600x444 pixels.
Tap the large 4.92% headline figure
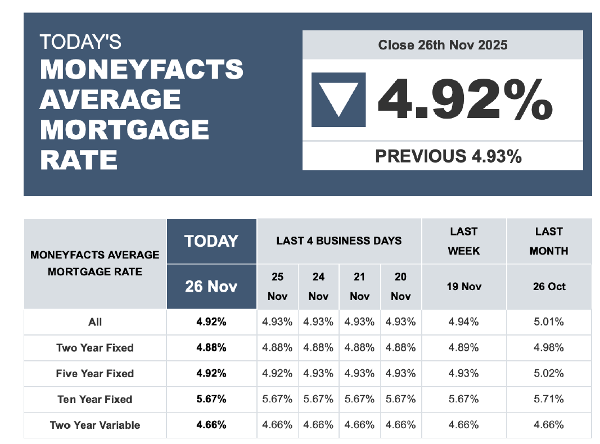pyautogui.click(x=464, y=99)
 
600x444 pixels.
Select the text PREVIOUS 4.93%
pyautogui.click(x=448, y=156)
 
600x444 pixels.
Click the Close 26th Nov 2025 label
pyautogui.click(x=443, y=45)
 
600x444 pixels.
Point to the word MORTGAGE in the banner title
pyautogui.click(x=124, y=130)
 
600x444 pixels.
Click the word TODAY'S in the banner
pyautogui.click(x=80, y=42)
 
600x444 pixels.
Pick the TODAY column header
pyautogui.click(x=211, y=241)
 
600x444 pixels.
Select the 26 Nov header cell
pyautogui.click(x=211, y=286)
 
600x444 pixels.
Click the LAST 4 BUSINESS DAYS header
pyautogui.click(x=339, y=241)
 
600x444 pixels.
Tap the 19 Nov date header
pyautogui.click(x=464, y=286)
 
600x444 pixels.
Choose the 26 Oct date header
pyautogui.click(x=549, y=286)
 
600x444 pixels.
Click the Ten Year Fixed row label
pyautogui.click(x=95, y=400)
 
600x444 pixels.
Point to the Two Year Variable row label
pyautogui.click(x=95, y=425)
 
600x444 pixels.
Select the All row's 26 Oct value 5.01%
pyautogui.click(x=549, y=322)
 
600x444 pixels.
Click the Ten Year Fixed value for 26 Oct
pyautogui.click(x=549, y=400)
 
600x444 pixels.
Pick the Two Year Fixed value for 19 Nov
pyautogui.click(x=464, y=348)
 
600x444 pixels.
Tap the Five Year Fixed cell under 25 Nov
pyautogui.click(x=277, y=374)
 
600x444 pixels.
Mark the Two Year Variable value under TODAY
pyautogui.click(x=211, y=425)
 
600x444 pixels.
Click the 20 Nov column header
pyautogui.click(x=400, y=286)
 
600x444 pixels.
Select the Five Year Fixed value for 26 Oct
pyautogui.click(x=549, y=374)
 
